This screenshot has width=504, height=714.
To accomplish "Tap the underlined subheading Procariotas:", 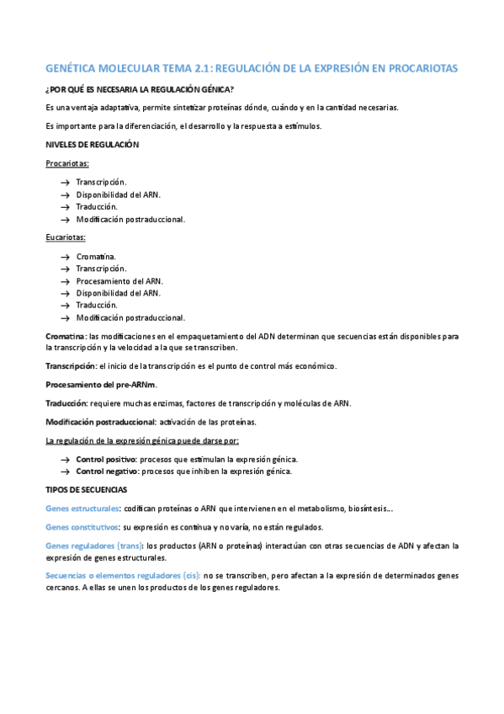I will pyautogui.click(x=67, y=163).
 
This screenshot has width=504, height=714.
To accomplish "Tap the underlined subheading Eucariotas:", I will pyautogui.click(x=65, y=237).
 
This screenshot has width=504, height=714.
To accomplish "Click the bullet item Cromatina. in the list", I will pyautogui.click(x=96, y=256).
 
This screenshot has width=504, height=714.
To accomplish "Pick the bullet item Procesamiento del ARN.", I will pyautogui.click(x=119, y=280).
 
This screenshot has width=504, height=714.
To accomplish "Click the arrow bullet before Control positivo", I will pyautogui.click(x=65, y=459).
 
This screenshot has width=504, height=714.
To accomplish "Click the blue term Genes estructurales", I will pyautogui.click(x=82, y=508).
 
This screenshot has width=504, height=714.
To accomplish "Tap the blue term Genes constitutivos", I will pyautogui.click(x=82, y=526).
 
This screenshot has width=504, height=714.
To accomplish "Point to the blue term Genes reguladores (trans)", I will pyautogui.click(x=94, y=546).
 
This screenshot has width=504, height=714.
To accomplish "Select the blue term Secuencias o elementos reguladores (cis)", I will pyautogui.click(x=122, y=575).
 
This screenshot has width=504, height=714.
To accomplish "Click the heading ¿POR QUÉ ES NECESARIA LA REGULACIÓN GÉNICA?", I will pyautogui.click(x=139, y=89).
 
